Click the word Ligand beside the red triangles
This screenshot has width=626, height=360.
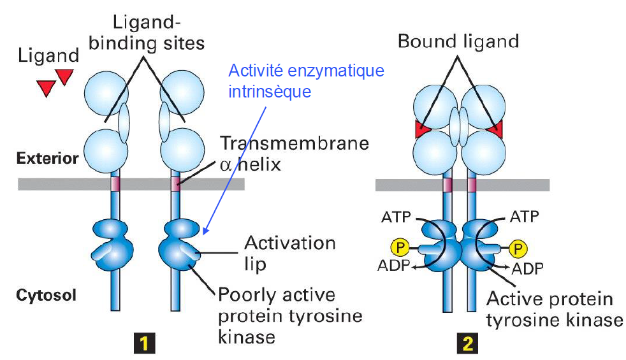[x=48, y=56]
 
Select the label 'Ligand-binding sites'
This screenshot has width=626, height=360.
[x=147, y=32]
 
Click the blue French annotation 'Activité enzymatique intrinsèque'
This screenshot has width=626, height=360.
[x=306, y=81]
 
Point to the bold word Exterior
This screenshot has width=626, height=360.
[x=47, y=159]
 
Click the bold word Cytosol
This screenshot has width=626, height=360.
[x=46, y=295]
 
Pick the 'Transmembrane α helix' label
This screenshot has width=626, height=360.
[x=295, y=154]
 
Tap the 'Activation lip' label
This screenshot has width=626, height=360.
[x=290, y=253]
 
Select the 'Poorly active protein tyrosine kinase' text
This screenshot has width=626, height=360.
[x=290, y=315]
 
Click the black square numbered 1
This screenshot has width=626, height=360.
[x=144, y=343]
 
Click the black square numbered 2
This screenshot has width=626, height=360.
[x=467, y=343]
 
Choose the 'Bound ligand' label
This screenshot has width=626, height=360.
[x=458, y=41]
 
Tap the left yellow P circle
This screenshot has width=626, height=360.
[x=400, y=248]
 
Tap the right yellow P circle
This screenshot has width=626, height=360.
[x=518, y=249]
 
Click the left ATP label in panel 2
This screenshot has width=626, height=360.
[x=396, y=217]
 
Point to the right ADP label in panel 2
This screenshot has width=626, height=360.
[x=527, y=269]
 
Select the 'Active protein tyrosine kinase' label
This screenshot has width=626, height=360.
[x=554, y=309]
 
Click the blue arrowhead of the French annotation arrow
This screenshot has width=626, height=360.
[x=206, y=231]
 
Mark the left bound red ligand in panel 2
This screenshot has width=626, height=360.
[x=422, y=129]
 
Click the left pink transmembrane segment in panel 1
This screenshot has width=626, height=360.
[x=115, y=184]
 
